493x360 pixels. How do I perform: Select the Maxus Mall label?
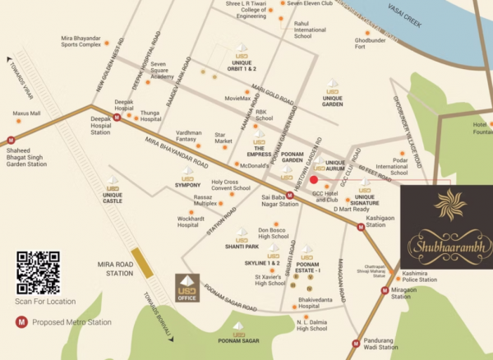tap(27, 113)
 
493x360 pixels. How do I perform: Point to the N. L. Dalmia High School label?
tap(311, 325)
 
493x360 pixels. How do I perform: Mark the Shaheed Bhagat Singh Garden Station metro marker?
tap(11, 141)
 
